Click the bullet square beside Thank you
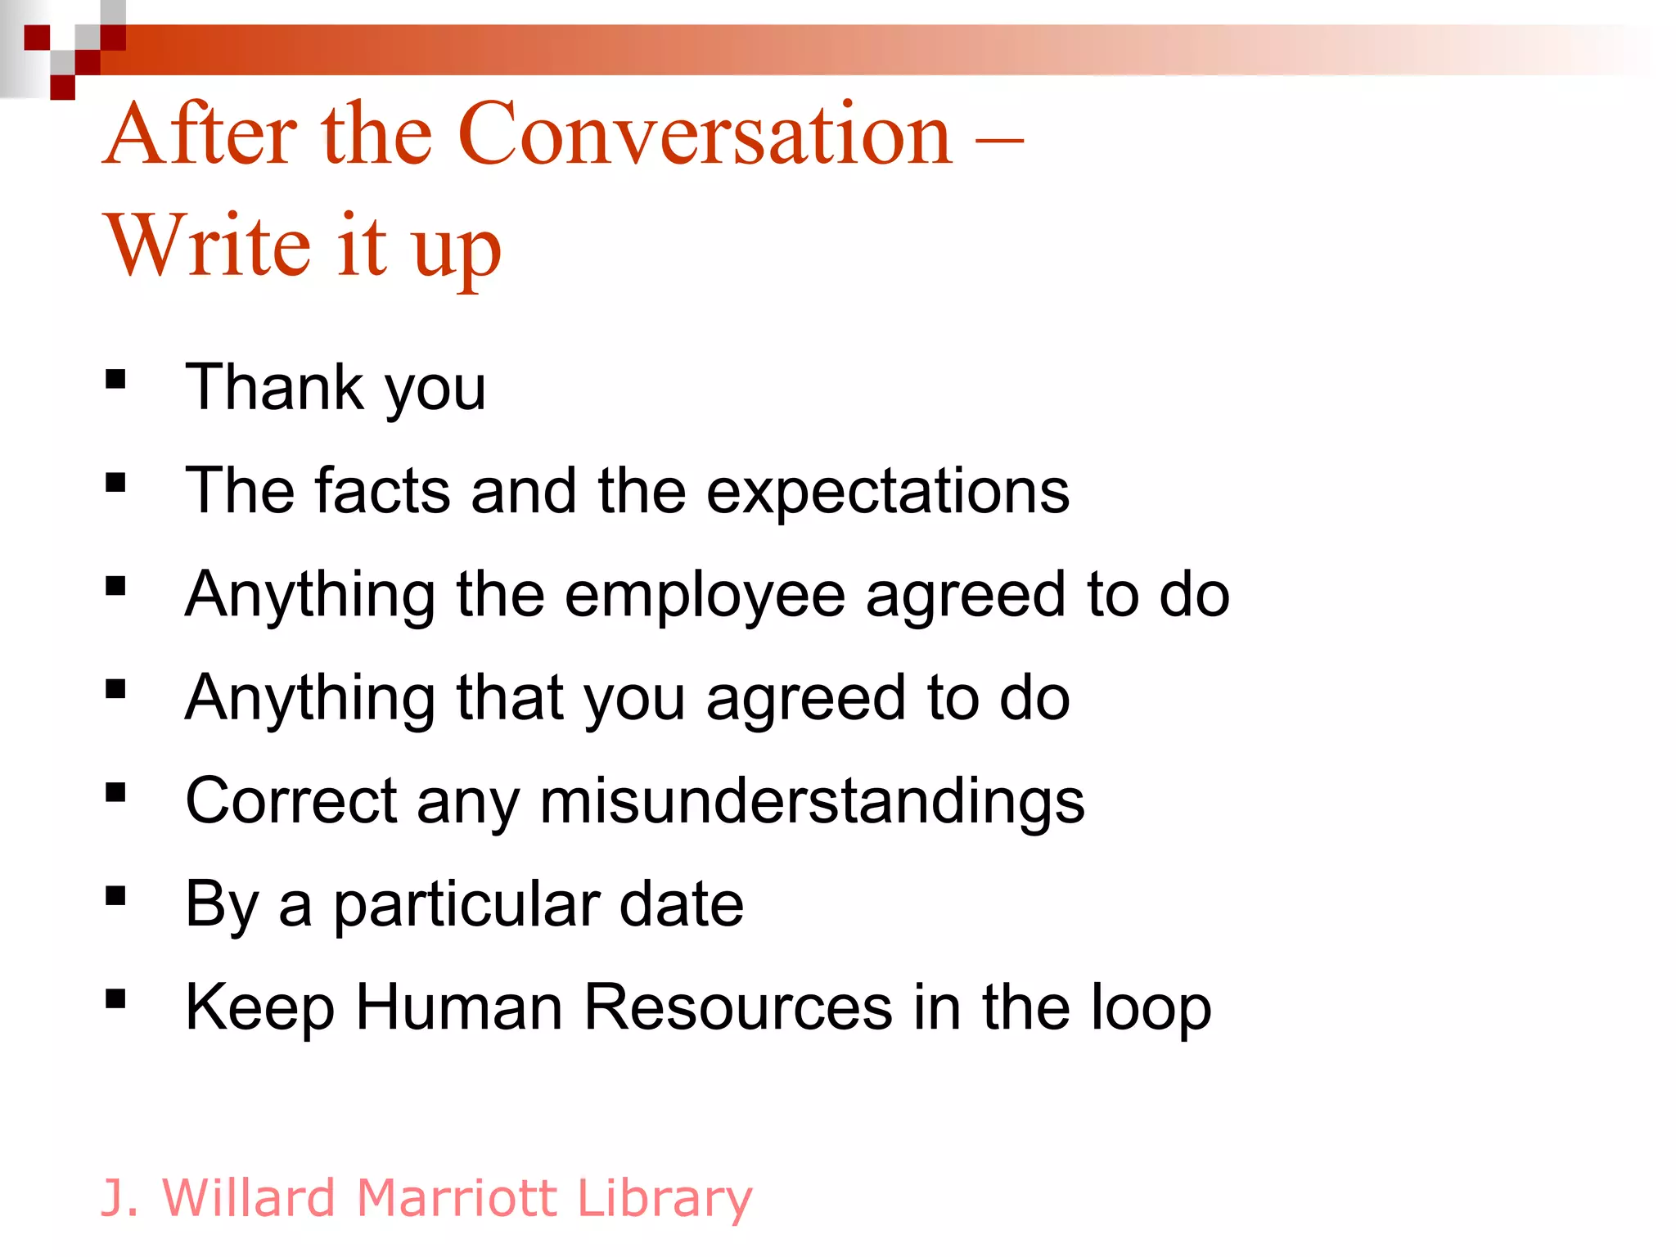(x=115, y=380)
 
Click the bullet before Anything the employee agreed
(x=115, y=586)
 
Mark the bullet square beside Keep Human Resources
(x=115, y=999)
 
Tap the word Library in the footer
(x=664, y=1199)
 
